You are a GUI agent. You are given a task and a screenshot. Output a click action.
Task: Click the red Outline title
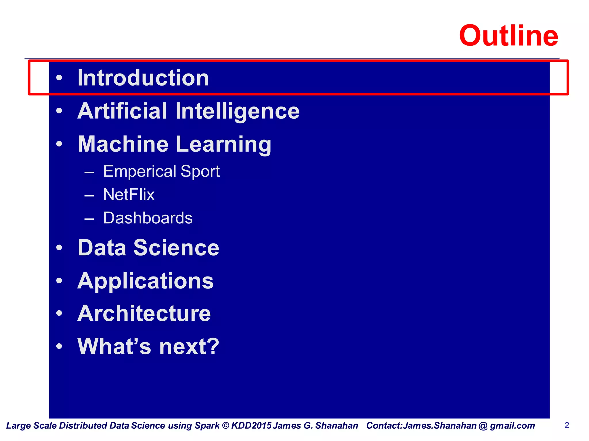click(x=508, y=36)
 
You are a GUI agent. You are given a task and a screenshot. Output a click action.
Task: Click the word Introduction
click(x=143, y=78)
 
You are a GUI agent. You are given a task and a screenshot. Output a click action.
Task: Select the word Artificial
click(x=122, y=111)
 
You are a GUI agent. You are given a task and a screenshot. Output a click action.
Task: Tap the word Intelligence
click(x=237, y=111)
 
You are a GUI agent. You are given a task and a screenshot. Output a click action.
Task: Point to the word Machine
click(x=123, y=144)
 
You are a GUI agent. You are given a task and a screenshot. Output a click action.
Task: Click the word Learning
click(x=223, y=144)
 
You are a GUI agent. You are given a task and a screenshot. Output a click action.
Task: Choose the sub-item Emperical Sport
click(x=161, y=171)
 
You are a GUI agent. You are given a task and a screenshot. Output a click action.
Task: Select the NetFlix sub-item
click(x=129, y=195)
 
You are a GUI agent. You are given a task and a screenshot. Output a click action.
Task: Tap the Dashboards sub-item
click(x=148, y=218)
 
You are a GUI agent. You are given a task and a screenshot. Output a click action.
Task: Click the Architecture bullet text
click(x=144, y=313)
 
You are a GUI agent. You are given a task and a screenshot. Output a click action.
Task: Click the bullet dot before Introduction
click(x=59, y=78)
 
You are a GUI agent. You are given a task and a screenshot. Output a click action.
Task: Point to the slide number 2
click(x=567, y=425)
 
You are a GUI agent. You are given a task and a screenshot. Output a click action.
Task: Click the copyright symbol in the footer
click(x=226, y=425)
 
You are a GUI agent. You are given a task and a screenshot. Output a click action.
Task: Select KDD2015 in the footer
click(x=251, y=425)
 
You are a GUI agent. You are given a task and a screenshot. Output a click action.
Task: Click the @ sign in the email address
click(x=483, y=425)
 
